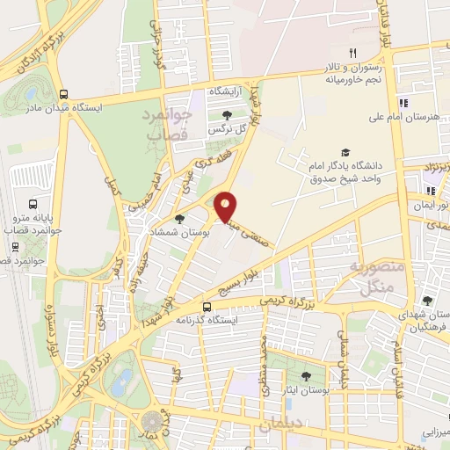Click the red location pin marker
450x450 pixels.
[x=226, y=206]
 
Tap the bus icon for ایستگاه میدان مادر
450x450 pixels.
[x=63, y=95]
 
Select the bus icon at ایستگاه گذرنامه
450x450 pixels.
[x=206, y=308]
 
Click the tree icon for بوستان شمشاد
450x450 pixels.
[x=180, y=219]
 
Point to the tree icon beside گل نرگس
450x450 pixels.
[x=228, y=115]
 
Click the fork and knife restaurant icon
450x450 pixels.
[x=352, y=52]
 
